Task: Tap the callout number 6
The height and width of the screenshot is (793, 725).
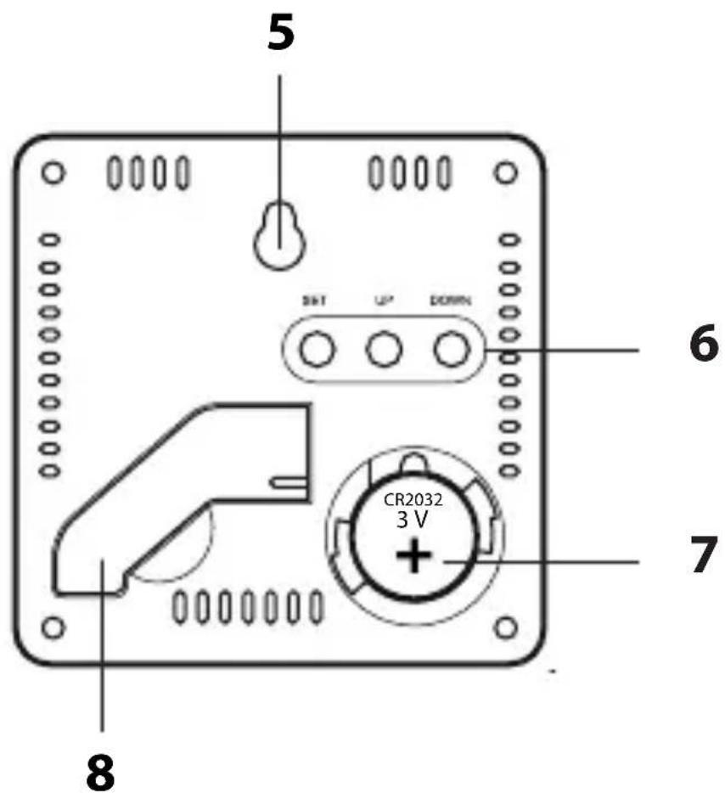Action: click(701, 346)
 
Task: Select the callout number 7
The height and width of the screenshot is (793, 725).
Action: click(701, 556)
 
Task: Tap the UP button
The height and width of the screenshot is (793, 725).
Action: click(383, 349)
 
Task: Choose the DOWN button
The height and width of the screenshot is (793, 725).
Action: click(450, 349)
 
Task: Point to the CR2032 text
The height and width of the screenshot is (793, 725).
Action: click(413, 500)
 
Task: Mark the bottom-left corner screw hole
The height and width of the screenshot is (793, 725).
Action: click(53, 627)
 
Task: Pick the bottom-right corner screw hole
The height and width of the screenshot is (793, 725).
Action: click(506, 627)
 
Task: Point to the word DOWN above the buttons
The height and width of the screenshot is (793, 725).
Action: click(450, 301)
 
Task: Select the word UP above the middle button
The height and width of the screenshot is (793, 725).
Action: click(383, 301)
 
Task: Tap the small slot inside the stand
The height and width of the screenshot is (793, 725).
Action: click(289, 481)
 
